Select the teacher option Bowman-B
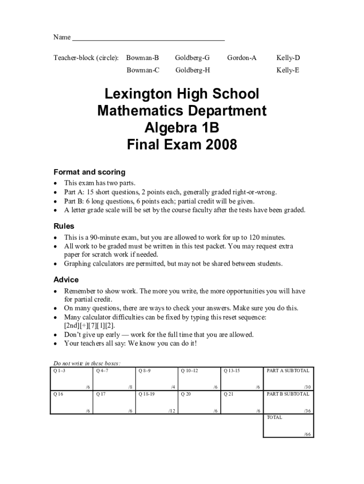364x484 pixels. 142,58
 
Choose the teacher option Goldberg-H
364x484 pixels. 192,70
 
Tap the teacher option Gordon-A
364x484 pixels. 242,58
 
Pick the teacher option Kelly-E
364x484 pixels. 288,70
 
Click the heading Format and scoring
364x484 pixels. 89,172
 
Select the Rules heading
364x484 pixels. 64,226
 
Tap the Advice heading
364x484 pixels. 66,280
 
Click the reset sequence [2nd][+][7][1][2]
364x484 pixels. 89,326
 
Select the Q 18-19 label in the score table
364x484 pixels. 147,394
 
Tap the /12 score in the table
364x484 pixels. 172,411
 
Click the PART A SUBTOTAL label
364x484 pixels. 288,371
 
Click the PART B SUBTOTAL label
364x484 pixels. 288,394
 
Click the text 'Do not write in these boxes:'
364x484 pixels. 87,363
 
